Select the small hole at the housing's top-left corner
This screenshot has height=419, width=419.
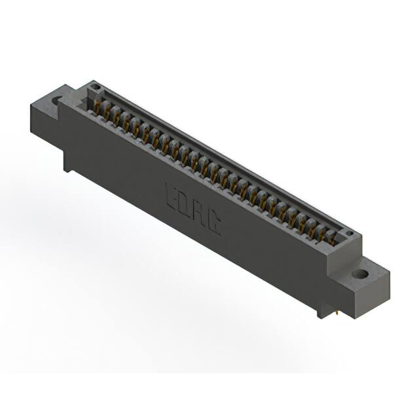[96, 86]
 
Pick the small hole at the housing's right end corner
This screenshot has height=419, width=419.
[350, 234]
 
